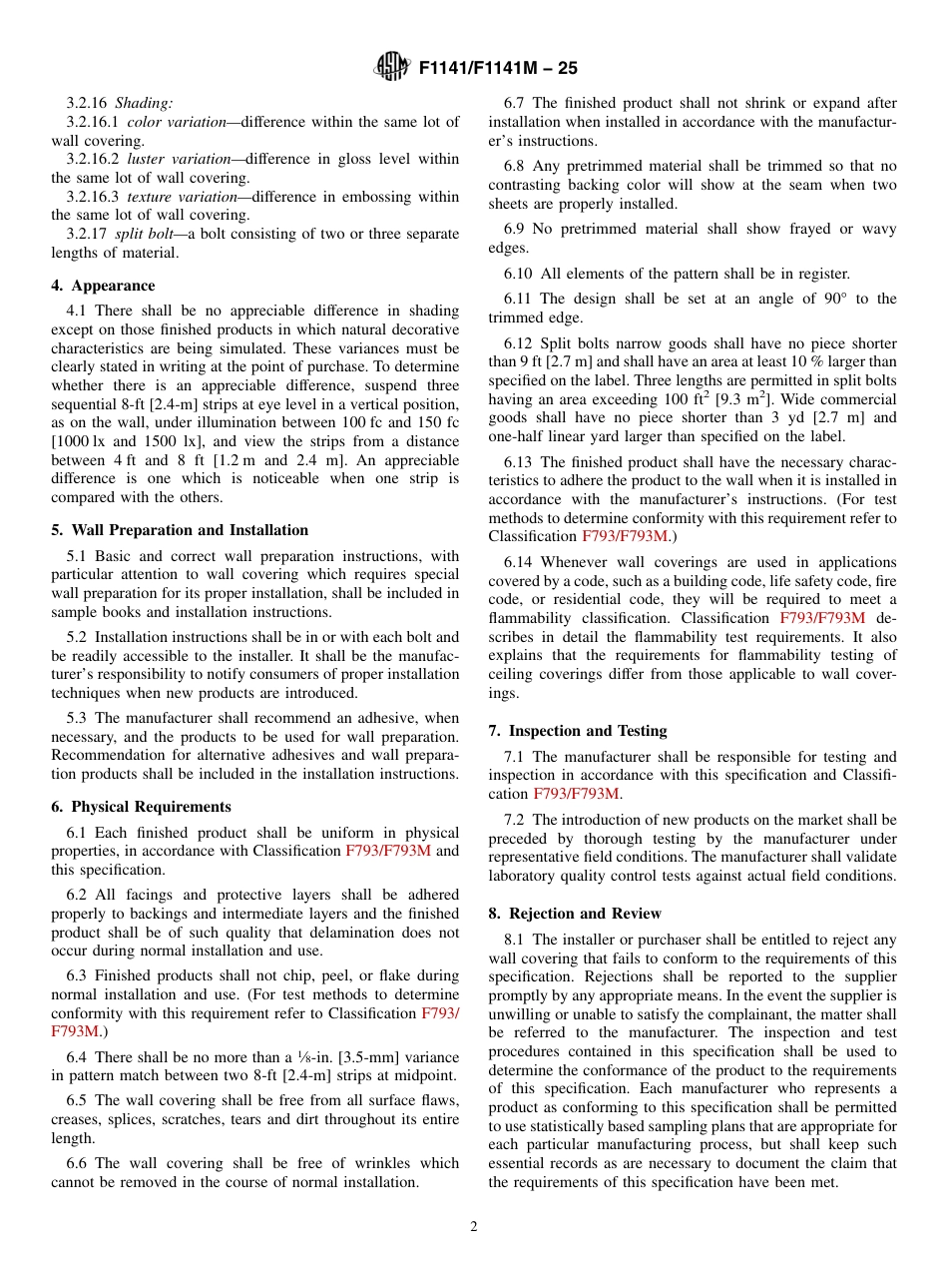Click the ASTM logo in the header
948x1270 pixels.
pos(392,67)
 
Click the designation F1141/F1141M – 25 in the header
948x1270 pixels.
pos(498,68)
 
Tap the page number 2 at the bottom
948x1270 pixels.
pos(474,1227)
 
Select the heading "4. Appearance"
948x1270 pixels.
pos(113,286)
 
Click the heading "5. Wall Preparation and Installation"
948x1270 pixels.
pos(190,530)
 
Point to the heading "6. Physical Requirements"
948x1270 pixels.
pos(151,807)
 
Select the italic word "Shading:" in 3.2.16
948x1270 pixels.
pos(144,103)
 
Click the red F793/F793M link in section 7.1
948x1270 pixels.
pos(577,794)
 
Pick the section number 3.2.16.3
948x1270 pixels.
pos(92,197)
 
